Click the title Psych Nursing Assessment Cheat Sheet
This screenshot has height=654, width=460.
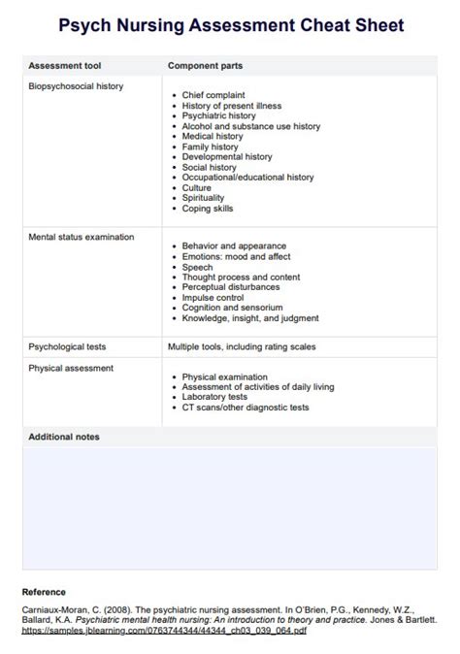coord(230,25)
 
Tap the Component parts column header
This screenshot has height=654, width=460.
coord(205,65)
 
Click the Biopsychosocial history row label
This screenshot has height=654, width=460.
coord(76,86)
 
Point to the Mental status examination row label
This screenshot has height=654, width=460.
coord(81,236)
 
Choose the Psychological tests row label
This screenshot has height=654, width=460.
coord(67,345)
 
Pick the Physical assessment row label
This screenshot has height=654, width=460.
coord(71,368)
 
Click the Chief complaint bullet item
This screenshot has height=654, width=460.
coord(213,95)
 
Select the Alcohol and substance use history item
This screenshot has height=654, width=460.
coord(250,126)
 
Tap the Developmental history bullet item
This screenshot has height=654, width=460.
coord(226,157)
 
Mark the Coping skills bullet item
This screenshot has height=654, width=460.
coord(207,209)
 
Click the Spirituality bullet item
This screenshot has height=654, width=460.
coord(202,198)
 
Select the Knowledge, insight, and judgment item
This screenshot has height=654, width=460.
coord(249,318)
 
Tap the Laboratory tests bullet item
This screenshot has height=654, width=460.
coord(214,397)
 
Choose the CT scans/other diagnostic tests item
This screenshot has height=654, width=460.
coord(245,408)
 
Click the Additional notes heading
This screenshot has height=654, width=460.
coord(64,437)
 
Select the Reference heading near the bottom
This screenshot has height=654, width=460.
coord(44,591)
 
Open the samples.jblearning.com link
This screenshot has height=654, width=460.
coord(164,631)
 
